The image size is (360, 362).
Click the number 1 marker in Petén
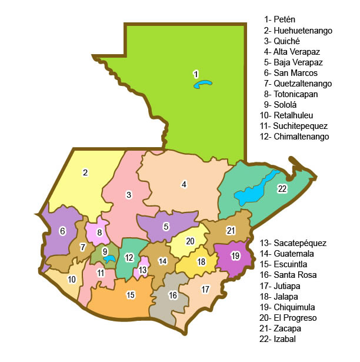click(195, 74)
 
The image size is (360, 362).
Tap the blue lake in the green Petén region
click(203, 85)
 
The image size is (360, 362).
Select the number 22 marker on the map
click(282, 188)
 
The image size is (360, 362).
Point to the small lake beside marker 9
click(109, 258)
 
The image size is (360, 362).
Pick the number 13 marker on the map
click(142, 269)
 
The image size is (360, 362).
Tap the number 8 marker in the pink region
click(100, 233)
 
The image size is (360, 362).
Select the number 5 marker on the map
click(166, 226)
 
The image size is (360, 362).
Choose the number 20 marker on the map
click(190, 241)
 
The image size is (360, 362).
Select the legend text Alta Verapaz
click(293, 51)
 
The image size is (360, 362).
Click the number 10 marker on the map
click(72, 279)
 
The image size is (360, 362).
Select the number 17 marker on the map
click(205, 289)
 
